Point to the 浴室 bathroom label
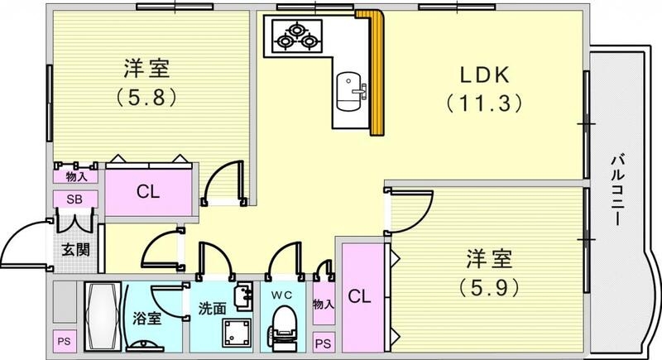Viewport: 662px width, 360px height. [149, 319]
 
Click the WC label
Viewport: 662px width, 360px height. [281, 293]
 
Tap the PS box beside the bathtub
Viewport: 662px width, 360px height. [63, 341]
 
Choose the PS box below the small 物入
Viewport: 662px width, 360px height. [324, 341]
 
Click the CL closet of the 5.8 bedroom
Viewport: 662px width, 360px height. [149, 192]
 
